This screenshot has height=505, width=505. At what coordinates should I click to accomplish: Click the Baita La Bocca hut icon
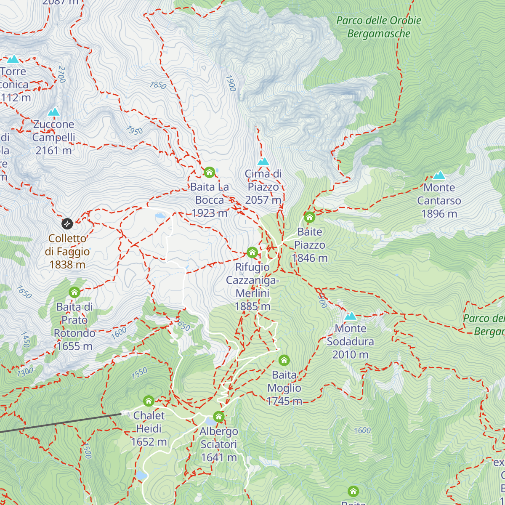pyautogui.click(x=209, y=172)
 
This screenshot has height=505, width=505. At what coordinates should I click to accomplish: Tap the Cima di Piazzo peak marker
pyautogui.click(x=263, y=162)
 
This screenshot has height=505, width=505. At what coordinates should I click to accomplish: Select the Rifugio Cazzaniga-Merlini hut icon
pyautogui.click(x=252, y=252)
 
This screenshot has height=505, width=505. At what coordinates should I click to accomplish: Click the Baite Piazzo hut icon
pyautogui.click(x=309, y=217)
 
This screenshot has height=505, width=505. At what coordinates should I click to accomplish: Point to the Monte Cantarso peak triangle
pyautogui.click(x=439, y=175)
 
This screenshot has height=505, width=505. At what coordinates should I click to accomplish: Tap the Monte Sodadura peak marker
pyautogui.click(x=351, y=316)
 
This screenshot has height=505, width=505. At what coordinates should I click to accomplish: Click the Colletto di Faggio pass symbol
pyautogui.click(x=67, y=223)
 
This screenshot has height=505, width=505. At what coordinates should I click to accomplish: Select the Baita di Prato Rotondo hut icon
pyautogui.click(x=74, y=292)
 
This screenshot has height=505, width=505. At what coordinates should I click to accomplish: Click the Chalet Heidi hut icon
pyautogui.click(x=149, y=401)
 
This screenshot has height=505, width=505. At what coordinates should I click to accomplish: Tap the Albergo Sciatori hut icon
pyautogui.click(x=218, y=417)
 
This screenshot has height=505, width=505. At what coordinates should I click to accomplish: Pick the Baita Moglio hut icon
pyautogui.click(x=284, y=360)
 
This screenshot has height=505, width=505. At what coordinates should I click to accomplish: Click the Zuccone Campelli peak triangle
pyautogui.click(x=53, y=112)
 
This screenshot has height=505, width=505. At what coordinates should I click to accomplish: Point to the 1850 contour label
pyautogui.click(x=158, y=85)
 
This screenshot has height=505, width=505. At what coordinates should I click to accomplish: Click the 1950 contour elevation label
pyautogui.click(x=134, y=130)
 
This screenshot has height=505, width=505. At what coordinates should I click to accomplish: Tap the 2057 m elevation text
pyautogui.click(x=263, y=200)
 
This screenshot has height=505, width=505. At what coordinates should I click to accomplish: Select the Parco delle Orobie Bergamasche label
pyautogui.click(x=379, y=27)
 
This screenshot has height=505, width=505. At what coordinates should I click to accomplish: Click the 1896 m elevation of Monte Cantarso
pyautogui.click(x=439, y=214)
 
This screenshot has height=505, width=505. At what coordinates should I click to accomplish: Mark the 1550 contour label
pyautogui.click(x=139, y=373)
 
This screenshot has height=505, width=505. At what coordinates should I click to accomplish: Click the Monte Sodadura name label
pyautogui.click(x=351, y=335)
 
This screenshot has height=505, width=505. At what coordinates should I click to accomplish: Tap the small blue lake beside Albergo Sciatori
pyautogui.click(x=209, y=421)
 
